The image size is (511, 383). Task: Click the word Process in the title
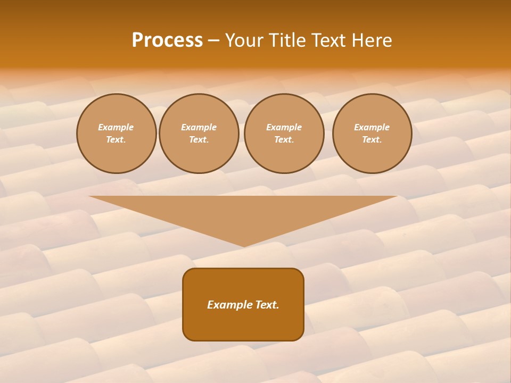click(167, 40)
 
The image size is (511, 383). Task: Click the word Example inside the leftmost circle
click(116, 127)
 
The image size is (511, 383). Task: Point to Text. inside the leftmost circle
click(116, 140)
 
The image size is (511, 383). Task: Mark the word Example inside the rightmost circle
click(372, 127)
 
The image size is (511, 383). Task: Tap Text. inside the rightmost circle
click(372, 140)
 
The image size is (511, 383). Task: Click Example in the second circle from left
click(199, 127)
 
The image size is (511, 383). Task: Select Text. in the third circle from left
click(284, 140)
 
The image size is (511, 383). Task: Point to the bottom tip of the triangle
click(243, 245)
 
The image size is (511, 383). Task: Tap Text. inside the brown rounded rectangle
click(267, 305)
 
